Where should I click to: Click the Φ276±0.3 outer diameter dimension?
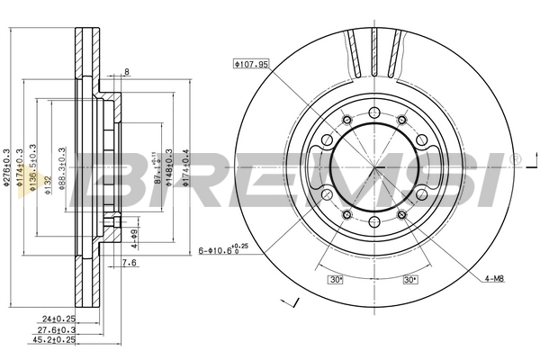(x=7, y=167)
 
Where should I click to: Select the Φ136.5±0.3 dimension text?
(x=34, y=167)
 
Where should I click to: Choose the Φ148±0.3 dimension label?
(x=172, y=167)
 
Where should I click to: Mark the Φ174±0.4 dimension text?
(x=186, y=167)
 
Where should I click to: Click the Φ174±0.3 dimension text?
(x=21, y=167)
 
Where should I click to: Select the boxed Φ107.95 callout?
(x=251, y=64)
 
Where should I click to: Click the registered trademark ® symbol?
(x=515, y=160)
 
